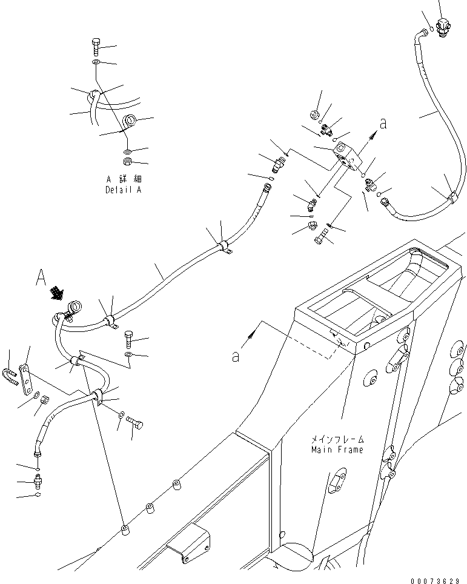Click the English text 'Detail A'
click(123, 190)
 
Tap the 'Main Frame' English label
click(337, 450)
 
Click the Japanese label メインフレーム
click(337, 439)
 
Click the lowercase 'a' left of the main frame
click(236, 357)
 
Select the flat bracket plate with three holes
click(25, 379)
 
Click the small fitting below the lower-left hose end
click(38, 482)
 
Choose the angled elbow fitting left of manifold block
click(310, 204)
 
